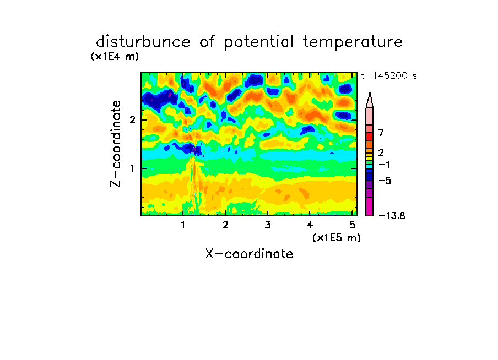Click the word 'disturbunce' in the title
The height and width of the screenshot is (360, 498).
[143, 41]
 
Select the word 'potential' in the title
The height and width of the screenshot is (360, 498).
[258, 42]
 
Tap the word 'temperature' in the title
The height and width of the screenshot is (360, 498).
[353, 42]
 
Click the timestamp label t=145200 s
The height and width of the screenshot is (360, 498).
[389, 75]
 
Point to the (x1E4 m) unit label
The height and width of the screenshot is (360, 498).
[115, 57]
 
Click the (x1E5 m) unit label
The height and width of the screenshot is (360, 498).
[337, 237]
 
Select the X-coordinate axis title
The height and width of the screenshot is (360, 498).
[249, 254]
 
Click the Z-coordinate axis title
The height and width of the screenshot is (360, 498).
[116, 144]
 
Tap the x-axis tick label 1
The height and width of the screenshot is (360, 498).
[183, 225]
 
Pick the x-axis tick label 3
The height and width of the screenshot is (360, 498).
[268, 225]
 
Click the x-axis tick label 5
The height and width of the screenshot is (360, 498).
[352, 225]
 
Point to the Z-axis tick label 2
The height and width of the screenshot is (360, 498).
[132, 119]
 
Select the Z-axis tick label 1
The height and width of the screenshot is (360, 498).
[132, 168]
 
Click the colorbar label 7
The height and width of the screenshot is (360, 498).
[381, 132]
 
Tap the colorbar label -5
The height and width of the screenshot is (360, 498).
[385, 181]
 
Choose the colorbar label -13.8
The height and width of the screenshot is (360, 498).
[392, 216]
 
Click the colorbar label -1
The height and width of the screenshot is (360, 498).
[384, 165]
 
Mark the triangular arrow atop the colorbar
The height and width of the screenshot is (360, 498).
[370, 100]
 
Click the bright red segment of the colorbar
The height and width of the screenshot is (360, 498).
[370, 137]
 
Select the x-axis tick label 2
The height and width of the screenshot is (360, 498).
[225, 225]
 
